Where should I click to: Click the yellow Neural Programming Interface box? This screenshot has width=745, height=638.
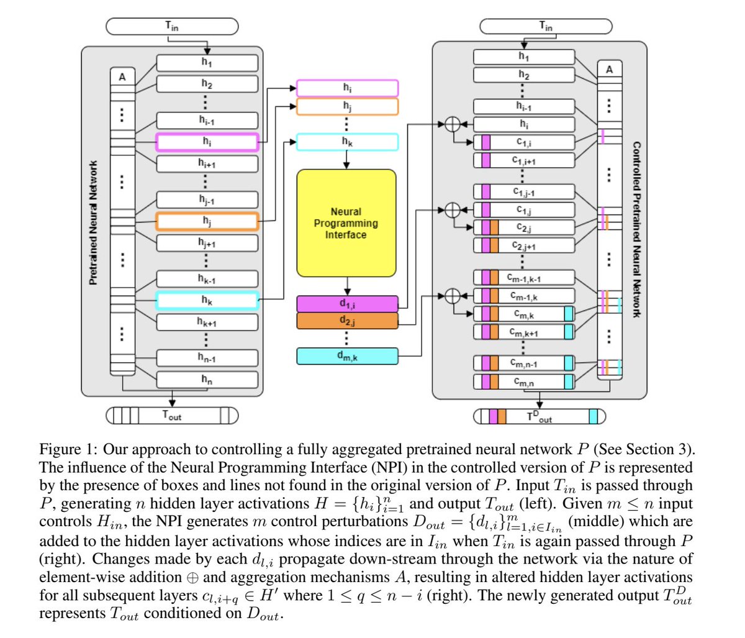(x=346, y=223)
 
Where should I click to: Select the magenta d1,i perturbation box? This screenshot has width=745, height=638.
(x=347, y=304)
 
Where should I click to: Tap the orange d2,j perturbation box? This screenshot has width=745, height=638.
(x=347, y=321)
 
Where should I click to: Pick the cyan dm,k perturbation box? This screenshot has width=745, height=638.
(x=347, y=356)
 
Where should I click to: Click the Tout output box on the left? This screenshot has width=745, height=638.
(x=172, y=416)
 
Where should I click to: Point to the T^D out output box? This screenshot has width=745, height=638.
(x=540, y=416)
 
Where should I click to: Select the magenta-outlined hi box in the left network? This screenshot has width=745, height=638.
(x=207, y=142)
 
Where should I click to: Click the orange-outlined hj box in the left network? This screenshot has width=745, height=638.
(x=207, y=221)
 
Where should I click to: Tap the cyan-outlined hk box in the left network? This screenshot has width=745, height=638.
(x=207, y=301)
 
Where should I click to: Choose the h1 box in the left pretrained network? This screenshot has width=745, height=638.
(x=207, y=63)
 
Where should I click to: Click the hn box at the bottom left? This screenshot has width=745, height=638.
(x=207, y=380)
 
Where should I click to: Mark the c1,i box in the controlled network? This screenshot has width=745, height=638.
(x=524, y=142)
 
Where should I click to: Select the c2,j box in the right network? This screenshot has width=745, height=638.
(x=524, y=227)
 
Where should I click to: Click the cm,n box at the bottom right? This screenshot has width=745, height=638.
(x=524, y=381)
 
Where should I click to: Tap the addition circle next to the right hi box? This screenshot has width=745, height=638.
(x=453, y=124)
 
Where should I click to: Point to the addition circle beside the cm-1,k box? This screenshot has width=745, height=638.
(x=453, y=296)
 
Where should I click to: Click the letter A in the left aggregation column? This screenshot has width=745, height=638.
(x=122, y=77)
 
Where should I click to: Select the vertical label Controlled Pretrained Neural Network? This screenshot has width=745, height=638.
(x=636, y=229)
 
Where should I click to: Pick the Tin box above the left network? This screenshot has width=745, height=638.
(x=172, y=26)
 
